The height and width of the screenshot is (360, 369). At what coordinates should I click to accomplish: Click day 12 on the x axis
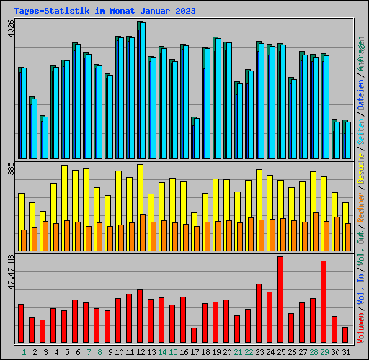141,352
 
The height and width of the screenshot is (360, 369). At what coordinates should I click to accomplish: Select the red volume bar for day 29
324,302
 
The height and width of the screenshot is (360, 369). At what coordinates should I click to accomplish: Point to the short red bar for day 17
194,336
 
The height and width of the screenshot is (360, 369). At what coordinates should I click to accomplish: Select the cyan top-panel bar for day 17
195,138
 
